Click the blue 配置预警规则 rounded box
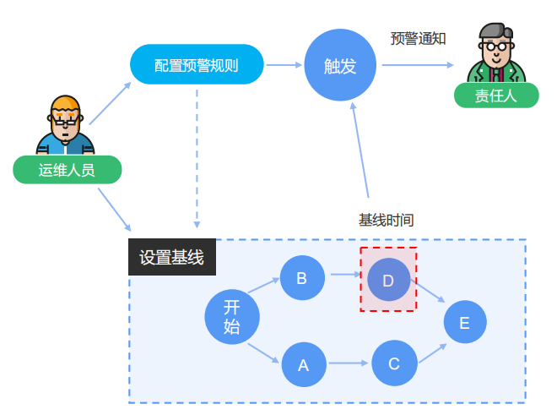197,65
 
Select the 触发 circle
340,66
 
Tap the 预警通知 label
418,39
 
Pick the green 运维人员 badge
67,170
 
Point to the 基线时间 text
386,220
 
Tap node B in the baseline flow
301,277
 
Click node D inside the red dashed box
388,281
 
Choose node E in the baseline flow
465,322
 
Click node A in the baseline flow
303,364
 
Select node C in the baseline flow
394,364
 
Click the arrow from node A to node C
349,364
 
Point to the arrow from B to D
345,275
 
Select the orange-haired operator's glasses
65,119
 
